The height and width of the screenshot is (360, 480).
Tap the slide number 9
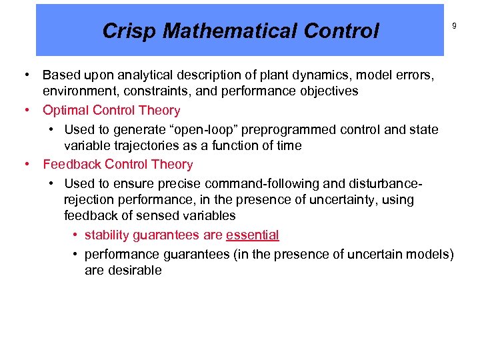tap(455, 26)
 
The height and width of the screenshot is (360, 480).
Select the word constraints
tap(157, 91)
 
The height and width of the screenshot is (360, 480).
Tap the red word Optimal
tap(65, 111)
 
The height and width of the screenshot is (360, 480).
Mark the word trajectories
tap(151, 145)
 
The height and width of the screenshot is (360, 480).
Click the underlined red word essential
tap(252, 235)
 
